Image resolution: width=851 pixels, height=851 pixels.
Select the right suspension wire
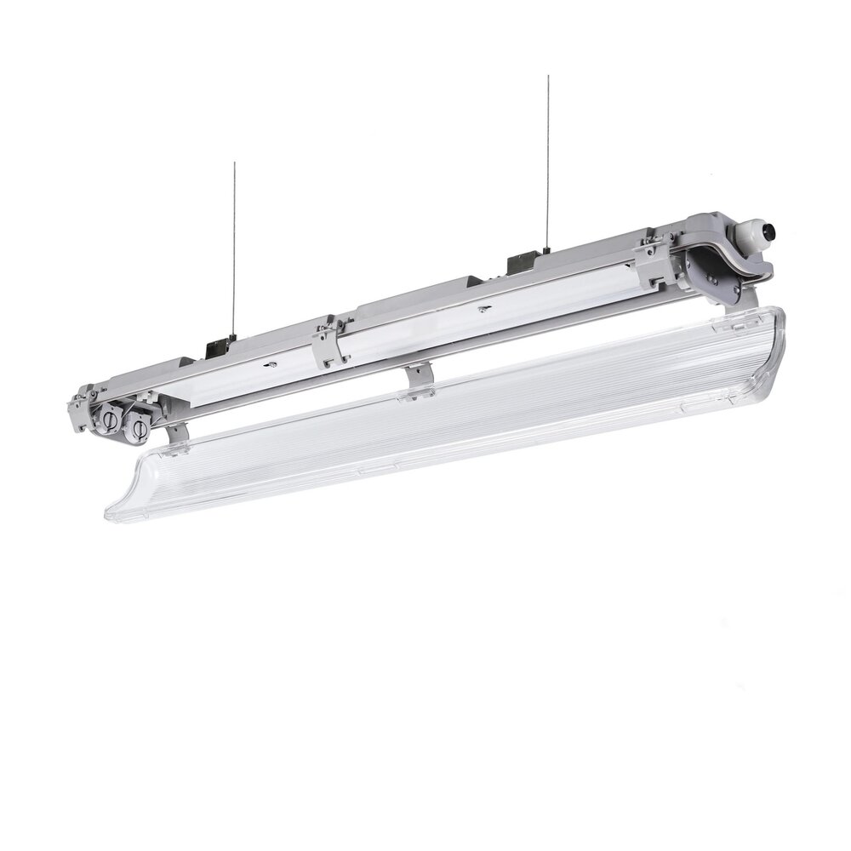coord(548,162)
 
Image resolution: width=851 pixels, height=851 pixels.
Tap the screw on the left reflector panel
coord(273,365)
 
